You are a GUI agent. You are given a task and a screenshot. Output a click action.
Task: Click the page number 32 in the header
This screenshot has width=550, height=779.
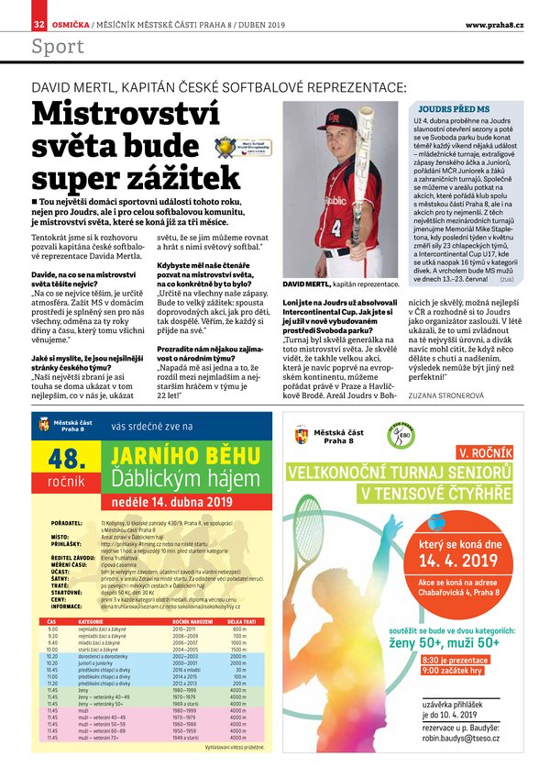coord(38,23)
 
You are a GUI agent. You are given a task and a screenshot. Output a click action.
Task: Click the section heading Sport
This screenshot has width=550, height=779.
coord(58,48)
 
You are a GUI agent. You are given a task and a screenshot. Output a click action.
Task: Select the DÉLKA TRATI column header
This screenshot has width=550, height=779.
coord(239,647)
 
